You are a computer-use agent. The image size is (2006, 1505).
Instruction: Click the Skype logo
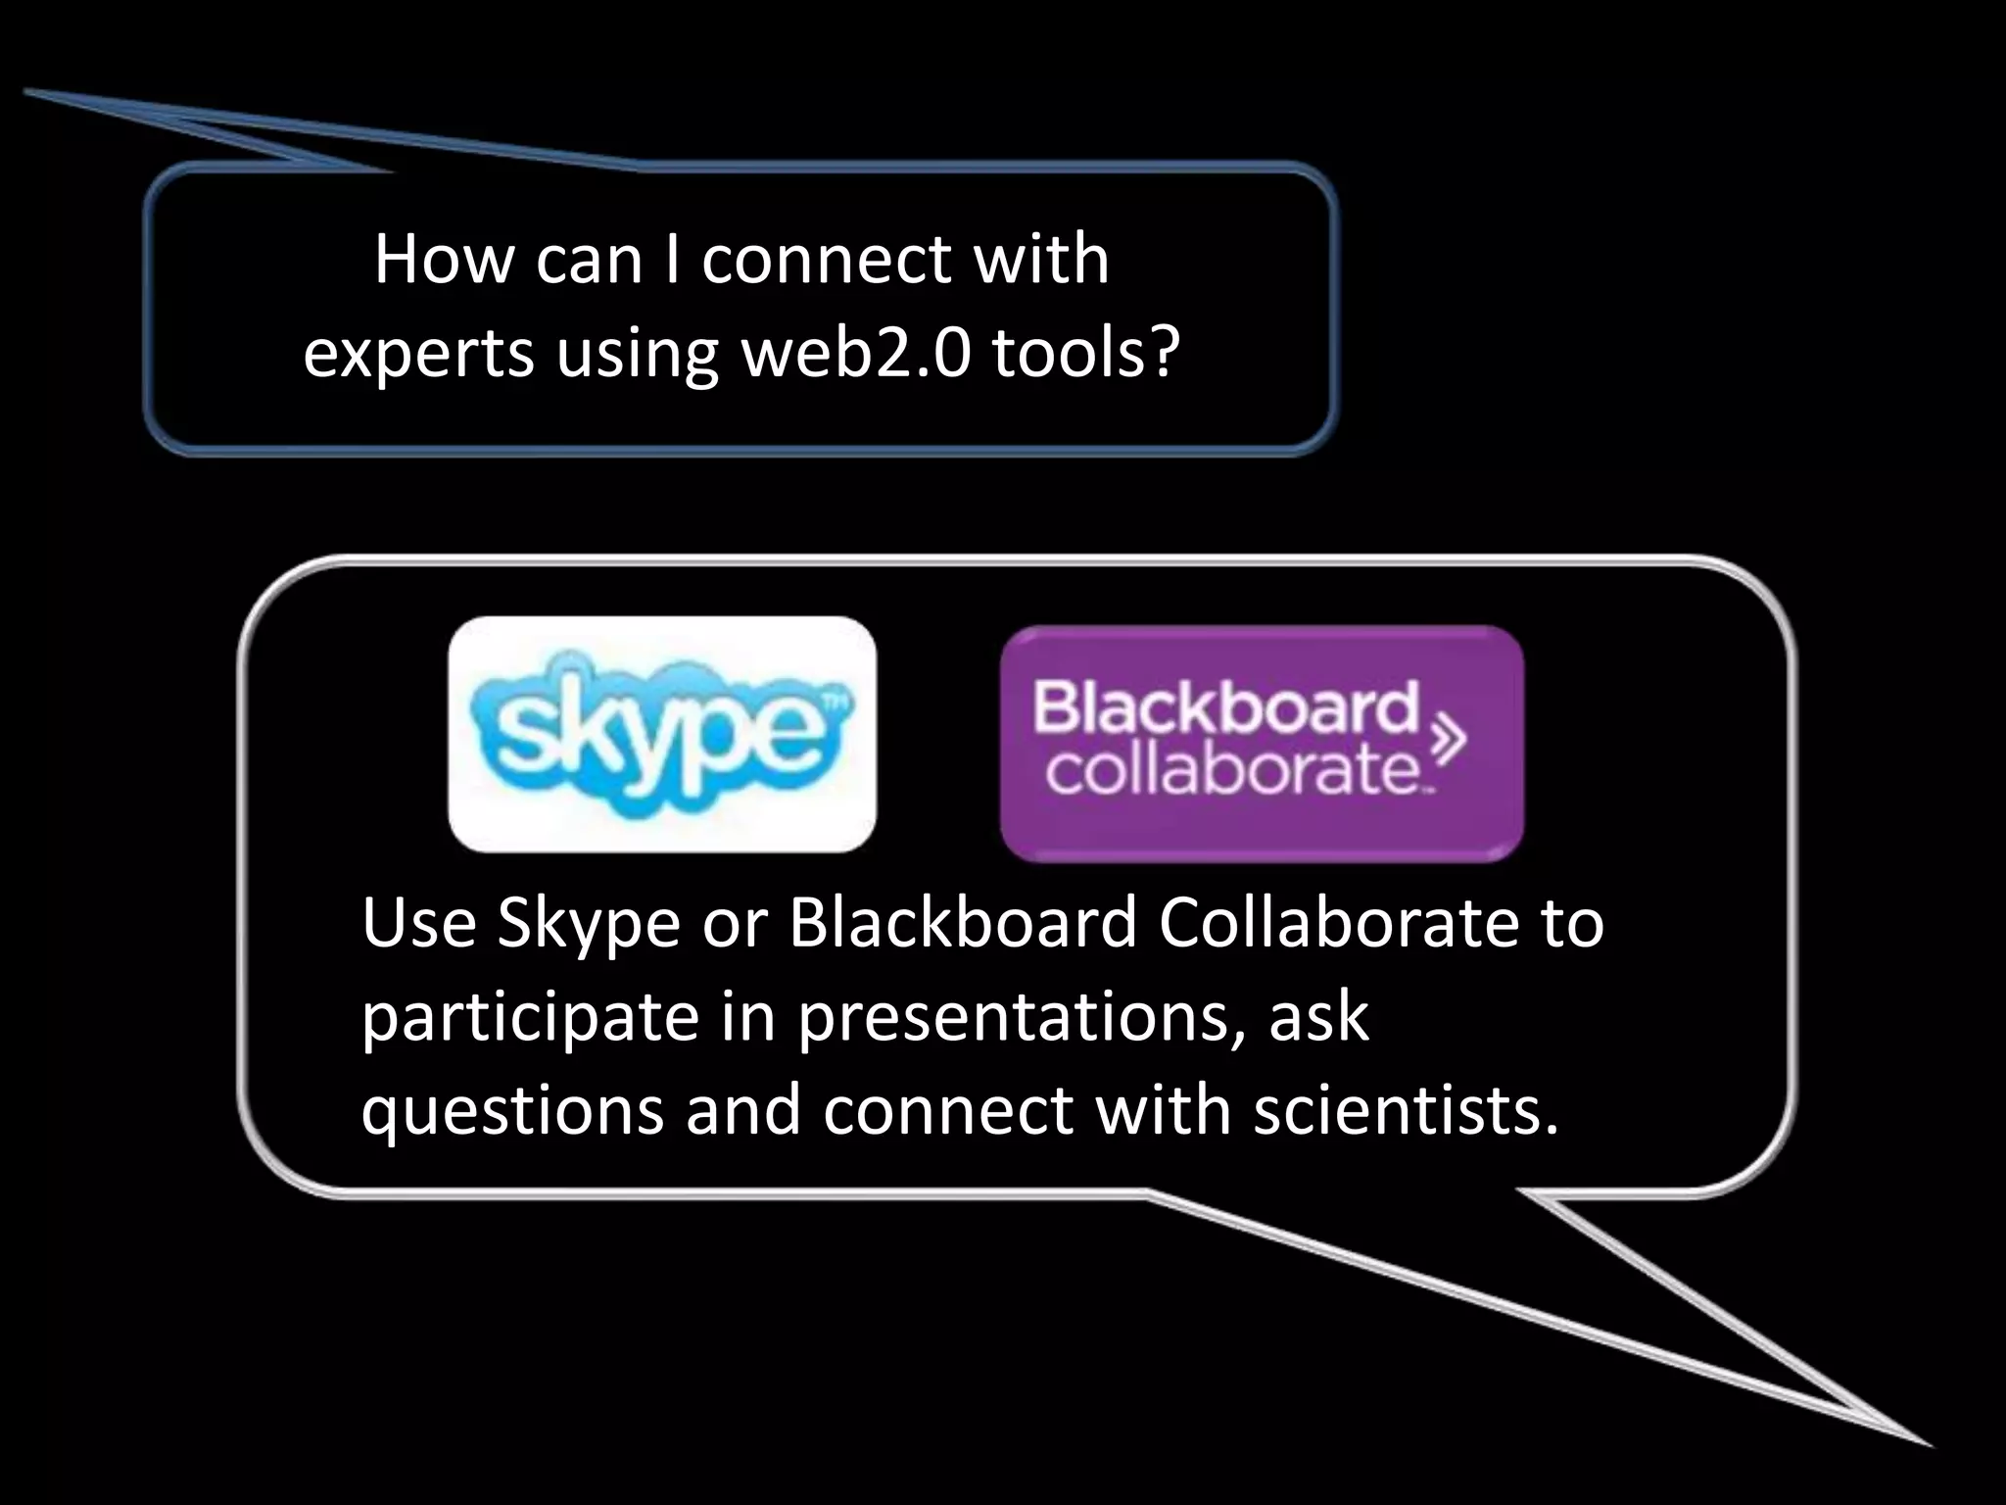(662, 734)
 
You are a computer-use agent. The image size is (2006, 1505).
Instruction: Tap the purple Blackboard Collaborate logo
(1262, 744)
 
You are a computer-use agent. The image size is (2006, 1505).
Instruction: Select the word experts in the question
(419, 355)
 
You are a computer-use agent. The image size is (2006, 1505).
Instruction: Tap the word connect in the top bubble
(827, 261)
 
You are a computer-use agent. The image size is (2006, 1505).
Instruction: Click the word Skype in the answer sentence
(588, 924)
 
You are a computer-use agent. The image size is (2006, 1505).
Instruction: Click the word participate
(530, 1018)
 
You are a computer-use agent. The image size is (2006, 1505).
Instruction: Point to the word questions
(512, 1113)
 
